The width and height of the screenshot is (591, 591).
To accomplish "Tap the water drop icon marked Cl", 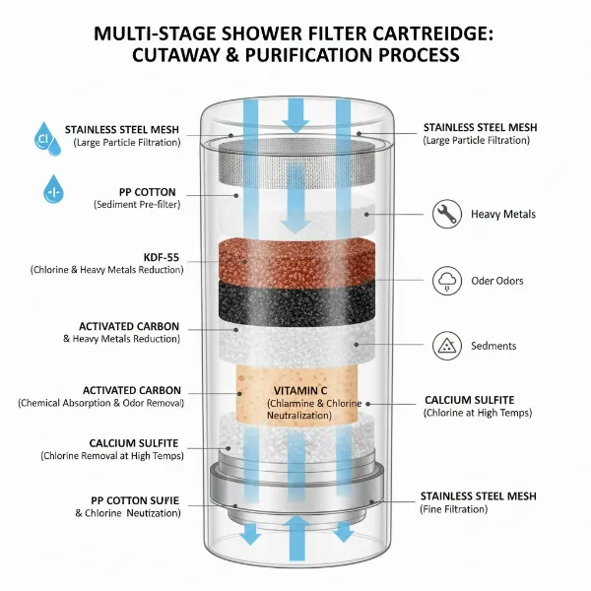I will coord(43,138).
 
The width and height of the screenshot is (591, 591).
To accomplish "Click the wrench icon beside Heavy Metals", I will coord(446,214).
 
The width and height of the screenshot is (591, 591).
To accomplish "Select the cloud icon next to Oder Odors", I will coord(446,281).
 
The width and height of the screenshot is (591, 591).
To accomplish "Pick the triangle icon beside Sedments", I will coord(446,346).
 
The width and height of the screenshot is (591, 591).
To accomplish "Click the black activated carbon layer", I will coord(295,301).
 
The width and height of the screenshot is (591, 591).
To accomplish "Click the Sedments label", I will coord(494,346).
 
